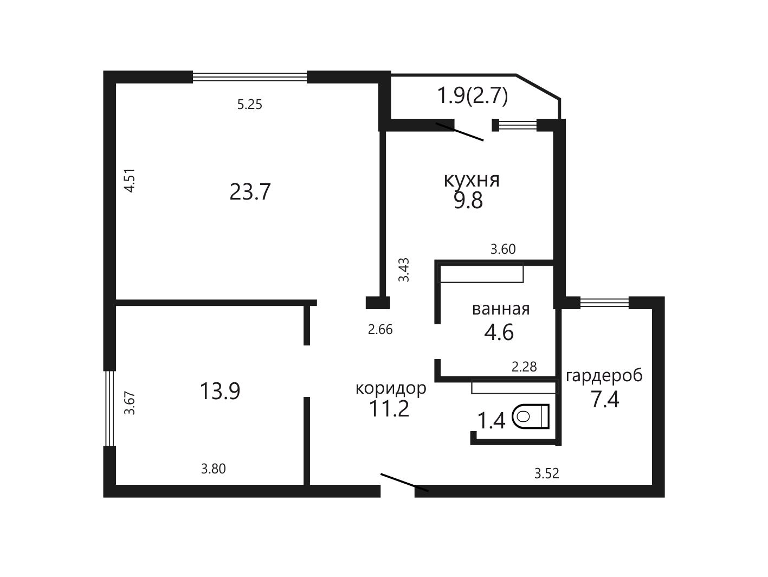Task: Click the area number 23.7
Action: coord(250,192)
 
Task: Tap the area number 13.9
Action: coord(220,391)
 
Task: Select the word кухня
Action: coord(472,180)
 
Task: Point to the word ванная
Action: coord(501,309)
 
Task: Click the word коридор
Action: coord(391,388)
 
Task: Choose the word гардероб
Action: coord(604,375)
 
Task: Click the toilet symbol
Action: coord(531,416)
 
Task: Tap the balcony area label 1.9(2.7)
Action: coord(473,96)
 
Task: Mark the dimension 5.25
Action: coord(249,105)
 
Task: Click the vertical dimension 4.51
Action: coord(130,180)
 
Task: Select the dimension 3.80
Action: coord(214,469)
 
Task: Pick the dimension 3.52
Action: coord(547,474)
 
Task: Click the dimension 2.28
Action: coord(524,367)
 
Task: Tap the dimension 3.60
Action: coord(503,249)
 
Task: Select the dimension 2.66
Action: coord(380,330)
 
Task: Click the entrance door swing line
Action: coord(404,483)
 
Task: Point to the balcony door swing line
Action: coord(460,132)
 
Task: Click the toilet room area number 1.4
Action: coord(491,420)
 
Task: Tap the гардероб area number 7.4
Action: coord(605,399)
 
